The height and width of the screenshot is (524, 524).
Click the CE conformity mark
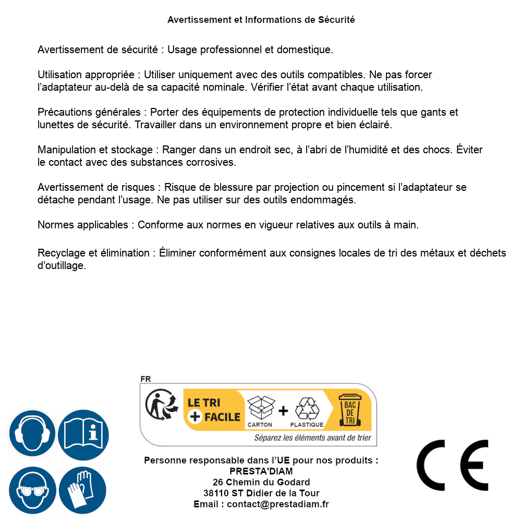[x=453, y=466]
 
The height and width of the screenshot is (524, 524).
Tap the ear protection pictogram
[x=32, y=433]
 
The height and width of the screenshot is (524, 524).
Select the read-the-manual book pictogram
[x=83, y=433]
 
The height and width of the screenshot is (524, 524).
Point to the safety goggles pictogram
[x=32, y=490]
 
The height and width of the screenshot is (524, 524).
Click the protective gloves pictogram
[x=83, y=490]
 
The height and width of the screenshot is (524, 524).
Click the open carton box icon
[x=260, y=408]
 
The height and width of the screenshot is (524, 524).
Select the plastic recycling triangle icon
[x=307, y=409]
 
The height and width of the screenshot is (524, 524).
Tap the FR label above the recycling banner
[x=145, y=379]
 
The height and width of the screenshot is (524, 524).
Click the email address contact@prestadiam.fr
[x=278, y=504]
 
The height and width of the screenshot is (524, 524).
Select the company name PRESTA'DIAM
[x=261, y=471]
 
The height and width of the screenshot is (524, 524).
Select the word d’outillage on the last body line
[x=62, y=265]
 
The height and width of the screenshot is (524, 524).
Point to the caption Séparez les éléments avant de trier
[x=313, y=438]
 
